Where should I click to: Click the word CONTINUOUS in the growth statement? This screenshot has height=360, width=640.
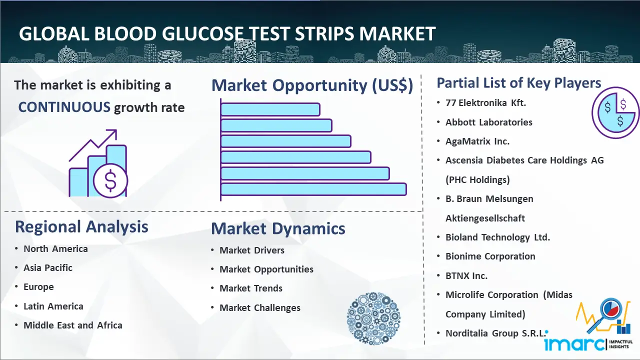pyautogui.click(x=64, y=107)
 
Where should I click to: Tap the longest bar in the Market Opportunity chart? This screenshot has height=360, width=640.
pyautogui.click(x=313, y=189)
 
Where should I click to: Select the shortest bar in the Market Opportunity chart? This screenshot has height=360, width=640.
pyautogui.click(x=270, y=109)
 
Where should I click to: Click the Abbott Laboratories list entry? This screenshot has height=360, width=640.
pyautogui.click(x=489, y=122)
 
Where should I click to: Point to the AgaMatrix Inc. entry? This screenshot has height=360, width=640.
pyautogui.click(x=477, y=141)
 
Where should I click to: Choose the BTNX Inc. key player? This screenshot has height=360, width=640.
pyautogui.click(x=466, y=275)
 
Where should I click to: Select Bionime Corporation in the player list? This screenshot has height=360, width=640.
pyautogui.click(x=490, y=256)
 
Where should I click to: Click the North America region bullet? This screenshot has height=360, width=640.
pyautogui.click(x=55, y=249)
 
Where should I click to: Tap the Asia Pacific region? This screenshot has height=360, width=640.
pyautogui.click(x=48, y=267)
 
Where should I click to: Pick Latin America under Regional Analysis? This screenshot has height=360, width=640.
pyautogui.click(x=53, y=306)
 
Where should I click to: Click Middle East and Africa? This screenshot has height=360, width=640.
pyautogui.click(x=73, y=325)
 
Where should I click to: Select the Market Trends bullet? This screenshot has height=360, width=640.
pyautogui.click(x=251, y=288)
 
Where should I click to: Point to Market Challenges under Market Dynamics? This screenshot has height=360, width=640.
pyautogui.click(x=260, y=307)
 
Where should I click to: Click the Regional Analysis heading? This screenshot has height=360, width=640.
pyautogui.click(x=81, y=227)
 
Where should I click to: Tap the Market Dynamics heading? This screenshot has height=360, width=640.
pyautogui.click(x=278, y=228)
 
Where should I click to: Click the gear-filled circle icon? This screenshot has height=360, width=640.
pyautogui.click(x=373, y=318)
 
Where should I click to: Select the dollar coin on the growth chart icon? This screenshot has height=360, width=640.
pyautogui.click(x=110, y=180)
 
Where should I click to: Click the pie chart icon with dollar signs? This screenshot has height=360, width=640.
pyautogui.click(x=615, y=113)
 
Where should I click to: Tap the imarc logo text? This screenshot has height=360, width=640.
pyautogui.click(x=574, y=344)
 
